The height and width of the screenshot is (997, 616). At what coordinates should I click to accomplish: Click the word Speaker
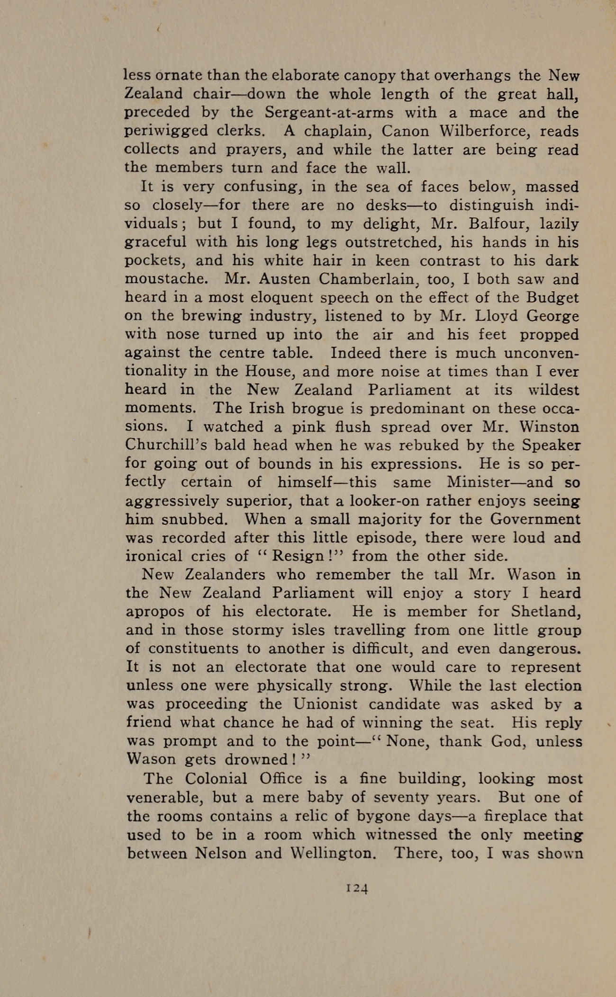(552, 445)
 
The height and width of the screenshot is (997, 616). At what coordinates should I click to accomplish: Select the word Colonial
(216, 779)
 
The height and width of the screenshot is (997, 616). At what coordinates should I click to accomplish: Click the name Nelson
(220, 854)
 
